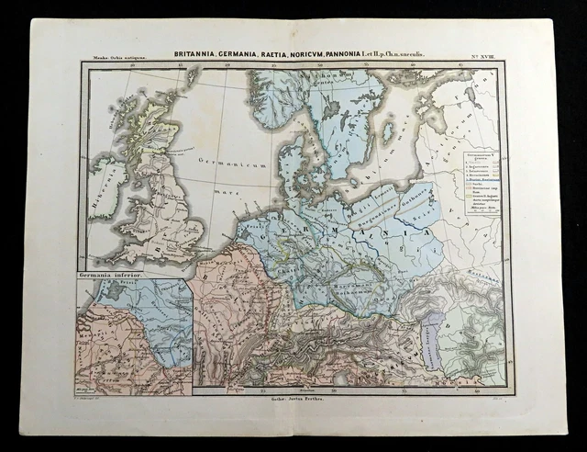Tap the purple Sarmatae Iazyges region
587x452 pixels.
coord(431,354)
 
